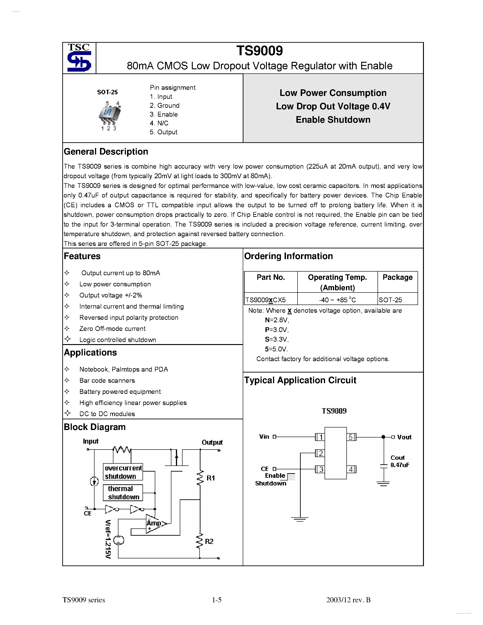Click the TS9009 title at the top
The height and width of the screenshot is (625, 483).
[x=260, y=51]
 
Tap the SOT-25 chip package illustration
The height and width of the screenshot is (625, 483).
[x=109, y=115]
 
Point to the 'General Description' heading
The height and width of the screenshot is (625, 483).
[x=106, y=152]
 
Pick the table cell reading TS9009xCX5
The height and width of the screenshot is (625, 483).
[x=266, y=300]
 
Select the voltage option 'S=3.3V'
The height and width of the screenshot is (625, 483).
[x=276, y=339]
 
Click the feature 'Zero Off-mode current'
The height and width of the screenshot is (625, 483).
[x=113, y=329]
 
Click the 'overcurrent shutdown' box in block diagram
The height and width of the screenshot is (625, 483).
[x=123, y=472]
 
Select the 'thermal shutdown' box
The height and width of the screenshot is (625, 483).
[x=123, y=493]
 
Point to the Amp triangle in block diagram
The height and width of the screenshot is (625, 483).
[x=155, y=523]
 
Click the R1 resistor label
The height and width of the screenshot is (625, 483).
[x=211, y=478]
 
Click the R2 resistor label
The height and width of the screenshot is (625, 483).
[x=209, y=541]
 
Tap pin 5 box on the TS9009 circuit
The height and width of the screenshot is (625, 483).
[x=351, y=437]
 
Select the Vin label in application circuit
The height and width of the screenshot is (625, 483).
[x=264, y=437]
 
